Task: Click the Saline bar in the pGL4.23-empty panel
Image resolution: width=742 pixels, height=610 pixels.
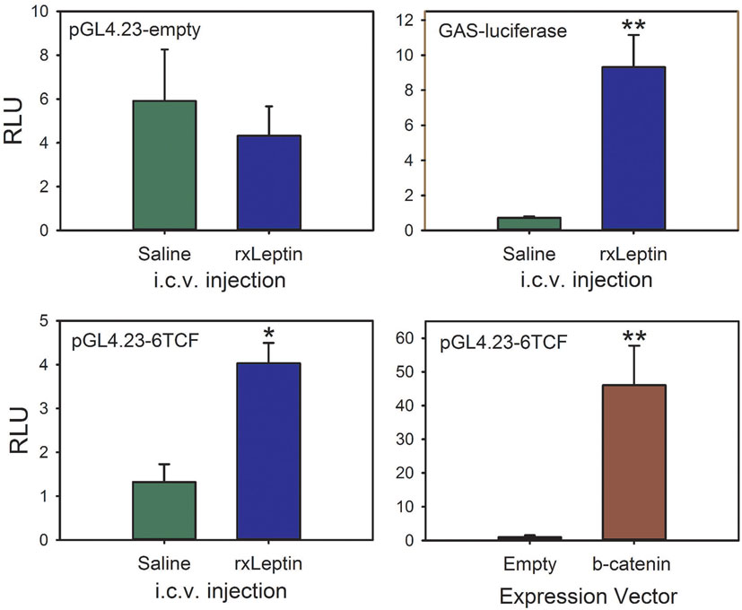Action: point(165,166)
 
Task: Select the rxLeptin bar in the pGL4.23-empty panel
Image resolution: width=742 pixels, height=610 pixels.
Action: point(267,183)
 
